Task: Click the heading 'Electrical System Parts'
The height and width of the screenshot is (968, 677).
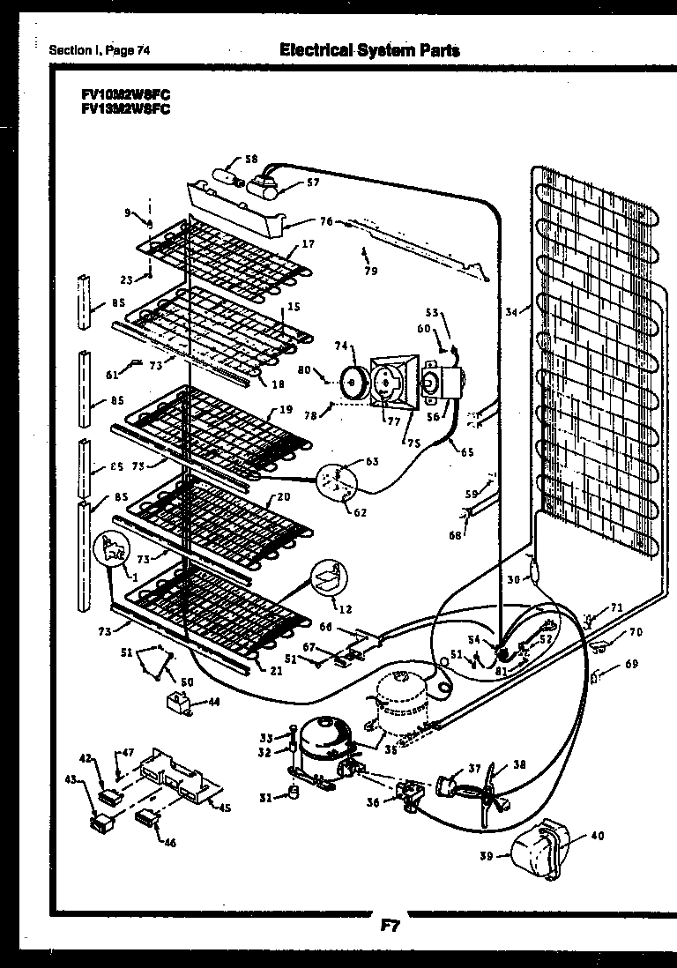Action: point(369,50)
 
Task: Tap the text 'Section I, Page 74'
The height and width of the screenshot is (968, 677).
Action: point(100,50)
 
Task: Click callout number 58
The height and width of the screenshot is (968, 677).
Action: point(251,160)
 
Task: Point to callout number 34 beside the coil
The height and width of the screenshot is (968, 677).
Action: point(511,309)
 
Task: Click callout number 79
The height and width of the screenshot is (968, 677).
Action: point(370,271)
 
